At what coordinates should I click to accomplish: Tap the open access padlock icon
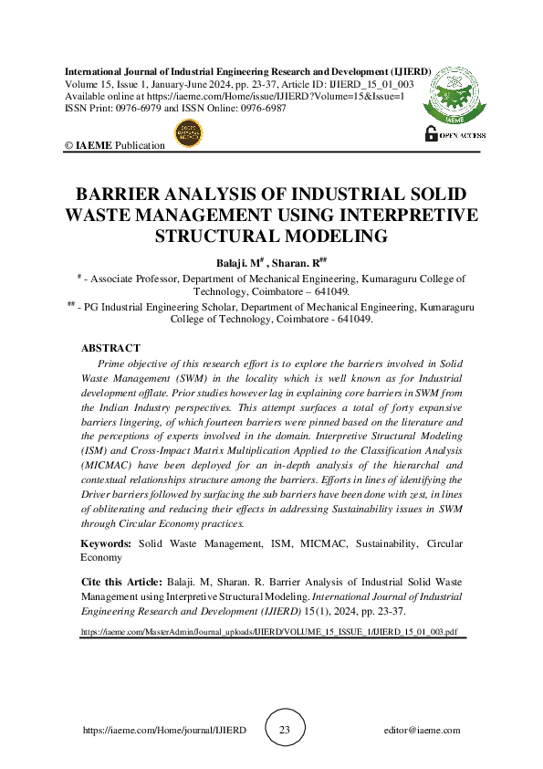[x=432, y=133]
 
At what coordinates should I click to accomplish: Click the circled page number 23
[x=284, y=731]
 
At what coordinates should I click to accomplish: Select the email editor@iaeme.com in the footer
[x=423, y=731]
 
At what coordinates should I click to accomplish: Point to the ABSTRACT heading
[x=110, y=348]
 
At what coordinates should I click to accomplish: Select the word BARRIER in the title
[x=121, y=195]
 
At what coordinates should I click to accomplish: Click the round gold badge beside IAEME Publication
[x=188, y=134]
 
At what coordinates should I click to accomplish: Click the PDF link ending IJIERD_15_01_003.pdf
[x=269, y=631]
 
